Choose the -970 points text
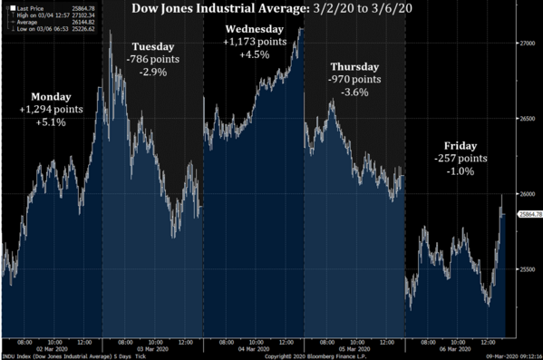click(355, 80)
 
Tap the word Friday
click(461, 146)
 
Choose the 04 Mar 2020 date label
click(254, 348)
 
